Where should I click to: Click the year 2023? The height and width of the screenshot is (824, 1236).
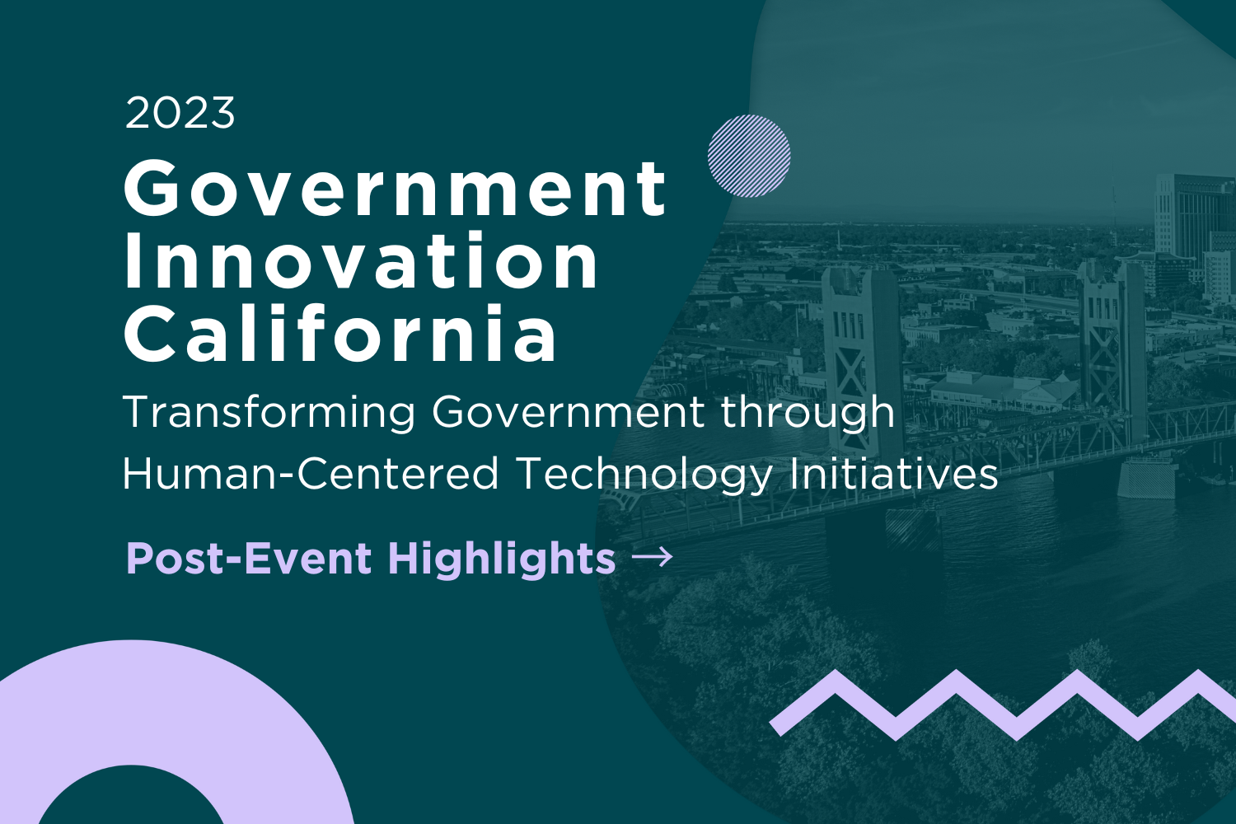coord(180,113)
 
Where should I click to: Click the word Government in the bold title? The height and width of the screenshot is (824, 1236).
coord(395,190)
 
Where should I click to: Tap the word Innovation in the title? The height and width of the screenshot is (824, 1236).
coord(361,261)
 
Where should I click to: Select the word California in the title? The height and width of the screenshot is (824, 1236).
coord(339,333)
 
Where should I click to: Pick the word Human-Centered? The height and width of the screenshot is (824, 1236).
coord(310,474)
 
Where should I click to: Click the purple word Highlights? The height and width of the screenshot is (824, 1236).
coord(502,559)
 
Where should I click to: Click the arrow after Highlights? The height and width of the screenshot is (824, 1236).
coord(653,556)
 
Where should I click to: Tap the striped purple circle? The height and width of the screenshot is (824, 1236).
coord(749,157)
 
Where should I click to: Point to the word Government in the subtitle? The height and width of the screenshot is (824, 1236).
coord(568,412)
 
